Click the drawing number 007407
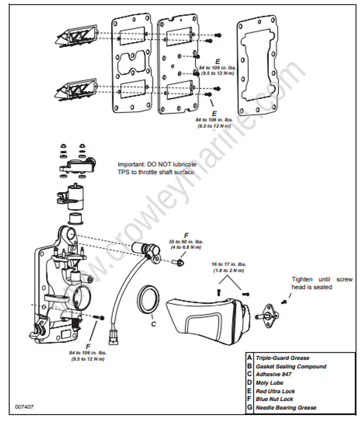pyautogui.click(x=25, y=407)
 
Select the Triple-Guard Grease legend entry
pyautogui.click(x=281, y=358)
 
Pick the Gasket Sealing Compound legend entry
pyautogui.click(x=291, y=366)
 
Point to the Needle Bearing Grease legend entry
pyautogui.click(x=286, y=408)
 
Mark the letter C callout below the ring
pyautogui.click(x=154, y=324)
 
